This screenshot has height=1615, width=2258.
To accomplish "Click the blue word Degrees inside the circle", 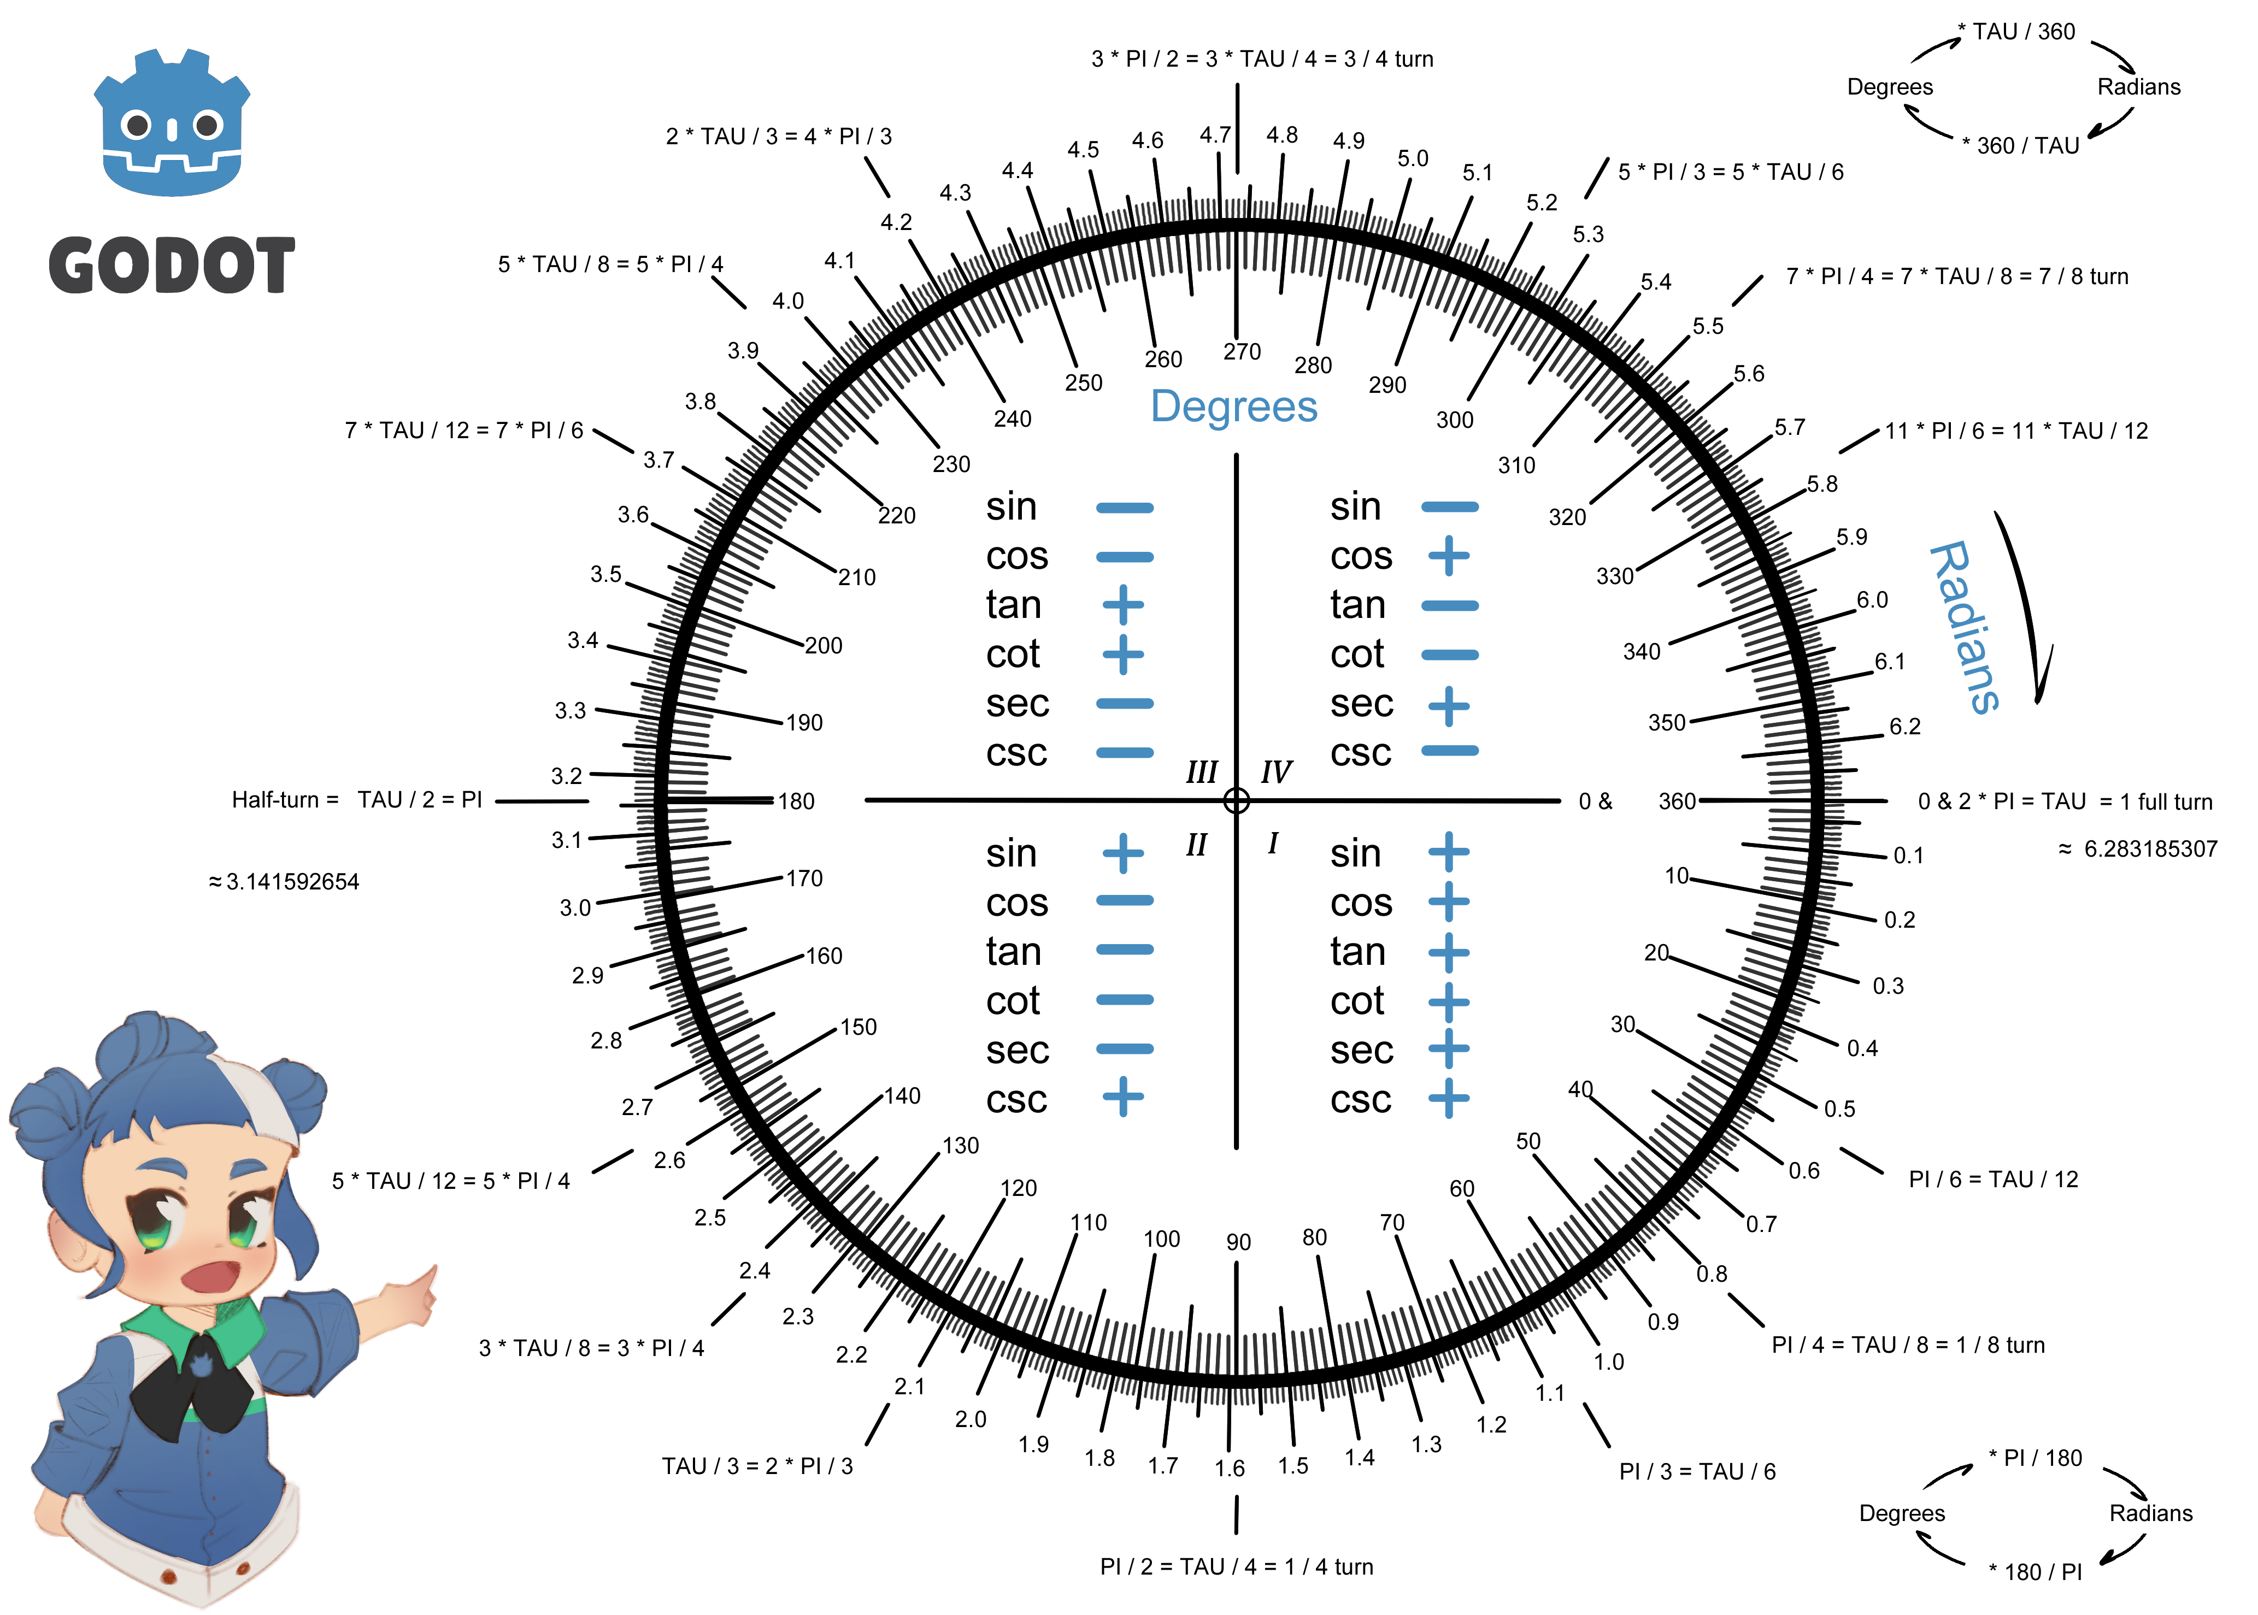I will coord(1233,406).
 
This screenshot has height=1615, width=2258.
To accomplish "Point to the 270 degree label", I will coord(1242,351).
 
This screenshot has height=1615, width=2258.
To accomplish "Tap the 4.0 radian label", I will coord(788,300).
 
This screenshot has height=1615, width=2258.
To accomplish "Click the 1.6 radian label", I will coord(1230,1468).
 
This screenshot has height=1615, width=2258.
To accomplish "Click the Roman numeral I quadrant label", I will coord(1272,844).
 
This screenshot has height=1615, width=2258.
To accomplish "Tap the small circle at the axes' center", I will coord(1237,800).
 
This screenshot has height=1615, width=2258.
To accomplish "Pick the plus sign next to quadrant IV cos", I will coord(1449,556).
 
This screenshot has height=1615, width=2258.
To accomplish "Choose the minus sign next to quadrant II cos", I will coord(1124,901).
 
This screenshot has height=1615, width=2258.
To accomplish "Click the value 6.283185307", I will coord(2150,848).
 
